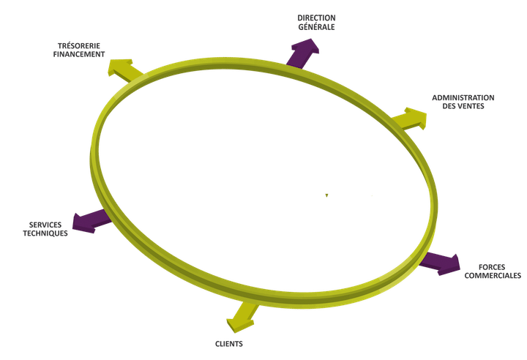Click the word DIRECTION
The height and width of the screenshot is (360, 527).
(x=316, y=18)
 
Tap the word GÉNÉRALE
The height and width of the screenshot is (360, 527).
(x=316, y=27)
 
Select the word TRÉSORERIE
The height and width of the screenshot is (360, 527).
(x=79, y=45)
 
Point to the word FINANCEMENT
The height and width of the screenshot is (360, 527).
(x=79, y=54)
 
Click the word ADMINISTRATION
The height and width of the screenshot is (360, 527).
(x=463, y=98)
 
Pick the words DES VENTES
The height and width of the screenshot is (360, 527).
(x=463, y=106)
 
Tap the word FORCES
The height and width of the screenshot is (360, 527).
(x=492, y=267)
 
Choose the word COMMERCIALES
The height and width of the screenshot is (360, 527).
(x=493, y=276)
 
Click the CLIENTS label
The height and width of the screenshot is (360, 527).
(x=229, y=344)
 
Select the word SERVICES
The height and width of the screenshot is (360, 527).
(x=45, y=225)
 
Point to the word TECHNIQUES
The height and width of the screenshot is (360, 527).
(x=45, y=233)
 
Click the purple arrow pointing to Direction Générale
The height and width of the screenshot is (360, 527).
(x=302, y=54)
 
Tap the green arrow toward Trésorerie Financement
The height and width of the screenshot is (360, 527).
(x=124, y=70)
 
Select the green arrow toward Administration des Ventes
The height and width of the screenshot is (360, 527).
(x=409, y=119)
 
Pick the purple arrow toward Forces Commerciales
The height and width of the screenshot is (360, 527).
(x=440, y=263)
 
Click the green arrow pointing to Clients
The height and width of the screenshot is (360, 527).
(x=242, y=316)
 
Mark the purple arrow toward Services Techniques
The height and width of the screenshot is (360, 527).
(x=91, y=221)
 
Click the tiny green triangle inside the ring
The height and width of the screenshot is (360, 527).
(x=326, y=195)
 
